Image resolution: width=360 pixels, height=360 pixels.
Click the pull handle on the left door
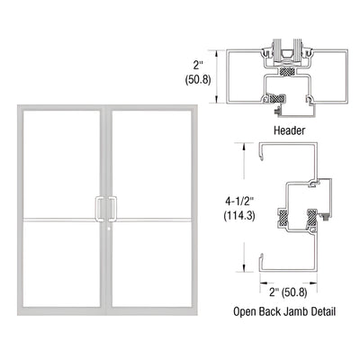pos(101,208)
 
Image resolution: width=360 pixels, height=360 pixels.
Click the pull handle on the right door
pos(114,208)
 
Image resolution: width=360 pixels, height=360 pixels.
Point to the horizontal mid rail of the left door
pos(59,219)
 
